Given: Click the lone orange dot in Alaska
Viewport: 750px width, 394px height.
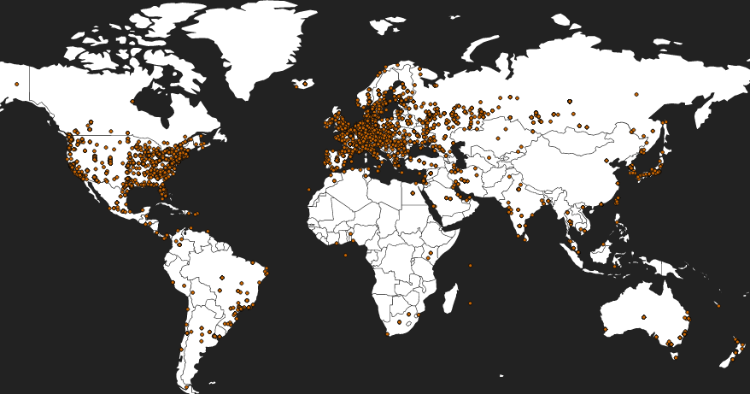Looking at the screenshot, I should coord(16,84).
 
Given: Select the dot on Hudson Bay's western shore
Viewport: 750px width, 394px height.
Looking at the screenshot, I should coord(132,102).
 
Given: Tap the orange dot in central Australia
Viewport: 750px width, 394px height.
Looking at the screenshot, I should coord(643,317).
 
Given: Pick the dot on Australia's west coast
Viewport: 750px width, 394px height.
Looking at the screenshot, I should coord(605,329).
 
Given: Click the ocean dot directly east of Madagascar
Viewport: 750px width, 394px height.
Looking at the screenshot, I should coord(470,303).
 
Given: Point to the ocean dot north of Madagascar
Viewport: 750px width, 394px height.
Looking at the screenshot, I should coord(470,265).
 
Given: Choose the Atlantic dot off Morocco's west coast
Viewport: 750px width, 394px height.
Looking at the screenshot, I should coord(309,189).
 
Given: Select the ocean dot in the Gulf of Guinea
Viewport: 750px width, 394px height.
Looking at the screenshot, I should coord(346,255).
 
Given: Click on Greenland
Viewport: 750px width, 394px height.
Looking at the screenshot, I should coord(256,43).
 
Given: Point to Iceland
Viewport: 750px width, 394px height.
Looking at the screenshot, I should coord(303,84).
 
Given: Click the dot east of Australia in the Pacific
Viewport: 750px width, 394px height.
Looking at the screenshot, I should coord(718,305).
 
